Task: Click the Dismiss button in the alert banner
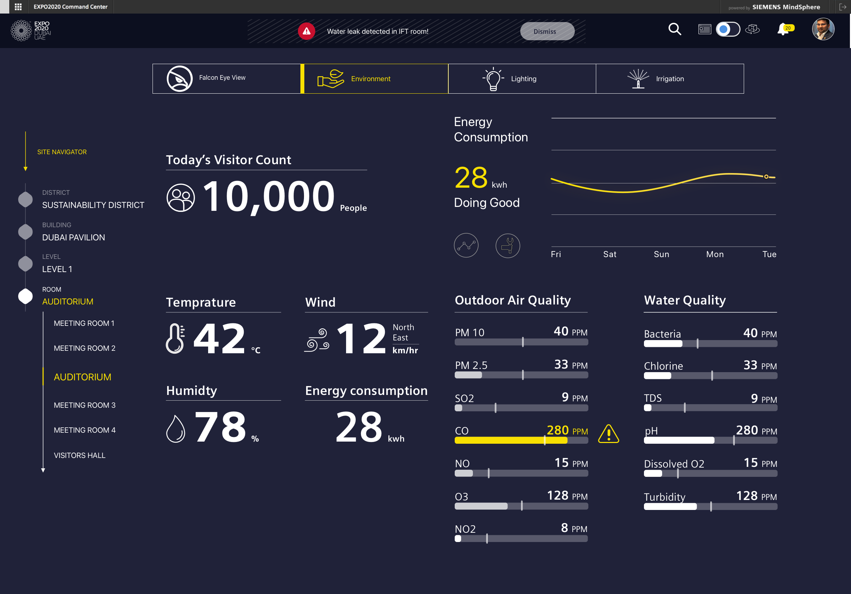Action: click(x=547, y=31)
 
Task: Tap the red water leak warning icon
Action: click(x=306, y=31)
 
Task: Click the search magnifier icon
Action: click(x=675, y=29)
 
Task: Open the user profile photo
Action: click(x=823, y=29)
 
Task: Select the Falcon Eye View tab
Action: click(x=226, y=78)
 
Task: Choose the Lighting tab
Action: click(x=522, y=78)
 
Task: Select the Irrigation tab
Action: click(x=669, y=78)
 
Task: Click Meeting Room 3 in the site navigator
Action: click(x=84, y=405)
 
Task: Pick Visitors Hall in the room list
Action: click(x=80, y=455)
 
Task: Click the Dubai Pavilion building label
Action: click(x=73, y=238)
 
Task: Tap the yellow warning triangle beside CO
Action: click(x=609, y=434)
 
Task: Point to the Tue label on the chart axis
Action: click(x=769, y=254)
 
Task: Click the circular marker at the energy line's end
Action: click(x=766, y=177)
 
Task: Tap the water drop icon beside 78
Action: click(x=176, y=429)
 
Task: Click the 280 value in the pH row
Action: click(x=747, y=430)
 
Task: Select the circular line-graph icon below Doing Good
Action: click(x=466, y=245)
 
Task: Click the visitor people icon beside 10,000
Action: click(x=181, y=198)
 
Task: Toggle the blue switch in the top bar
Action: click(x=728, y=29)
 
